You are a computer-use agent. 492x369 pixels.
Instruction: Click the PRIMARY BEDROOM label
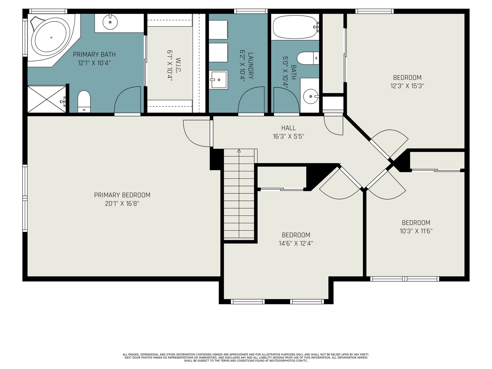click(x=122, y=195)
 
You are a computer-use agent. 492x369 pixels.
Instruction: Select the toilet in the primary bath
click(x=84, y=101)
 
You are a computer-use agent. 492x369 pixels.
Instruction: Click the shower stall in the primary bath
click(x=47, y=99)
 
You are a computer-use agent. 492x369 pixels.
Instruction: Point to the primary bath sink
click(x=110, y=22)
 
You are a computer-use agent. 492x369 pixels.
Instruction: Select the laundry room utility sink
click(x=219, y=80)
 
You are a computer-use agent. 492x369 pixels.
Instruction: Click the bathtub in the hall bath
click(x=295, y=27)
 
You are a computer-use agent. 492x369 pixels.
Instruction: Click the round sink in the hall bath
click(x=311, y=96)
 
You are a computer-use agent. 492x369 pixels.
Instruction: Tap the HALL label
click(x=288, y=128)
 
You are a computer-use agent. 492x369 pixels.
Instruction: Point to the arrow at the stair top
click(x=239, y=151)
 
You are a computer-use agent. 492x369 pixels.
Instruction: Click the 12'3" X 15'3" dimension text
click(x=407, y=86)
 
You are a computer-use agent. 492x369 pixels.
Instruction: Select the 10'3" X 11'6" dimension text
click(x=416, y=231)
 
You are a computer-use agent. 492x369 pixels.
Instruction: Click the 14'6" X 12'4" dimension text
click(x=296, y=244)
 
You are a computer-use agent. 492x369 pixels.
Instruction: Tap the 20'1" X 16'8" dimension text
click(x=122, y=204)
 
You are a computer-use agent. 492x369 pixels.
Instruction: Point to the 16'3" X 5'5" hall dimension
click(x=288, y=137)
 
